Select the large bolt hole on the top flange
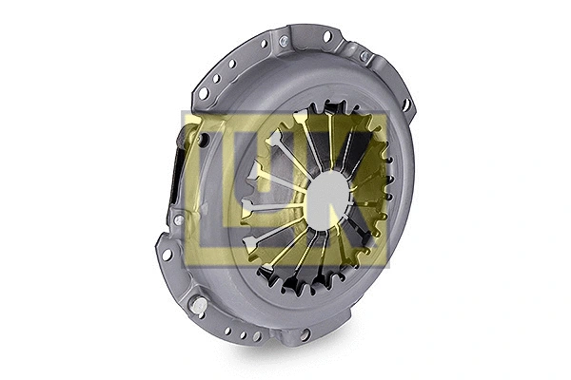[327, 37]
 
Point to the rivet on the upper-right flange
[364, 57]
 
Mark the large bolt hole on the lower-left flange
[167, 255]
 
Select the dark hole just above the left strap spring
[203, 141]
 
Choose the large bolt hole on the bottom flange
[305, 334]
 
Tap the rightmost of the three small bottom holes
[257, 336]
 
